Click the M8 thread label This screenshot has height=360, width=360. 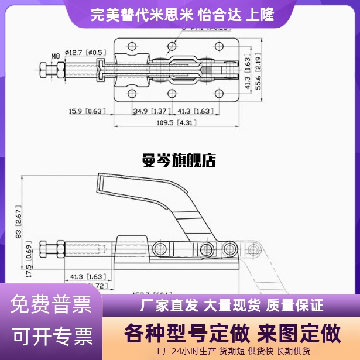(x=56, y=56)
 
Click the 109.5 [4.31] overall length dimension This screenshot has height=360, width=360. (x=174, y=123)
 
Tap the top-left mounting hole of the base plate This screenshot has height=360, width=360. (x=132, y=46)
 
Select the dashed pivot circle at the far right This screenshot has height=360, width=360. (x=253, y=250)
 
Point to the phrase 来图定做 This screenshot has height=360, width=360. (x=297, y=333)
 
